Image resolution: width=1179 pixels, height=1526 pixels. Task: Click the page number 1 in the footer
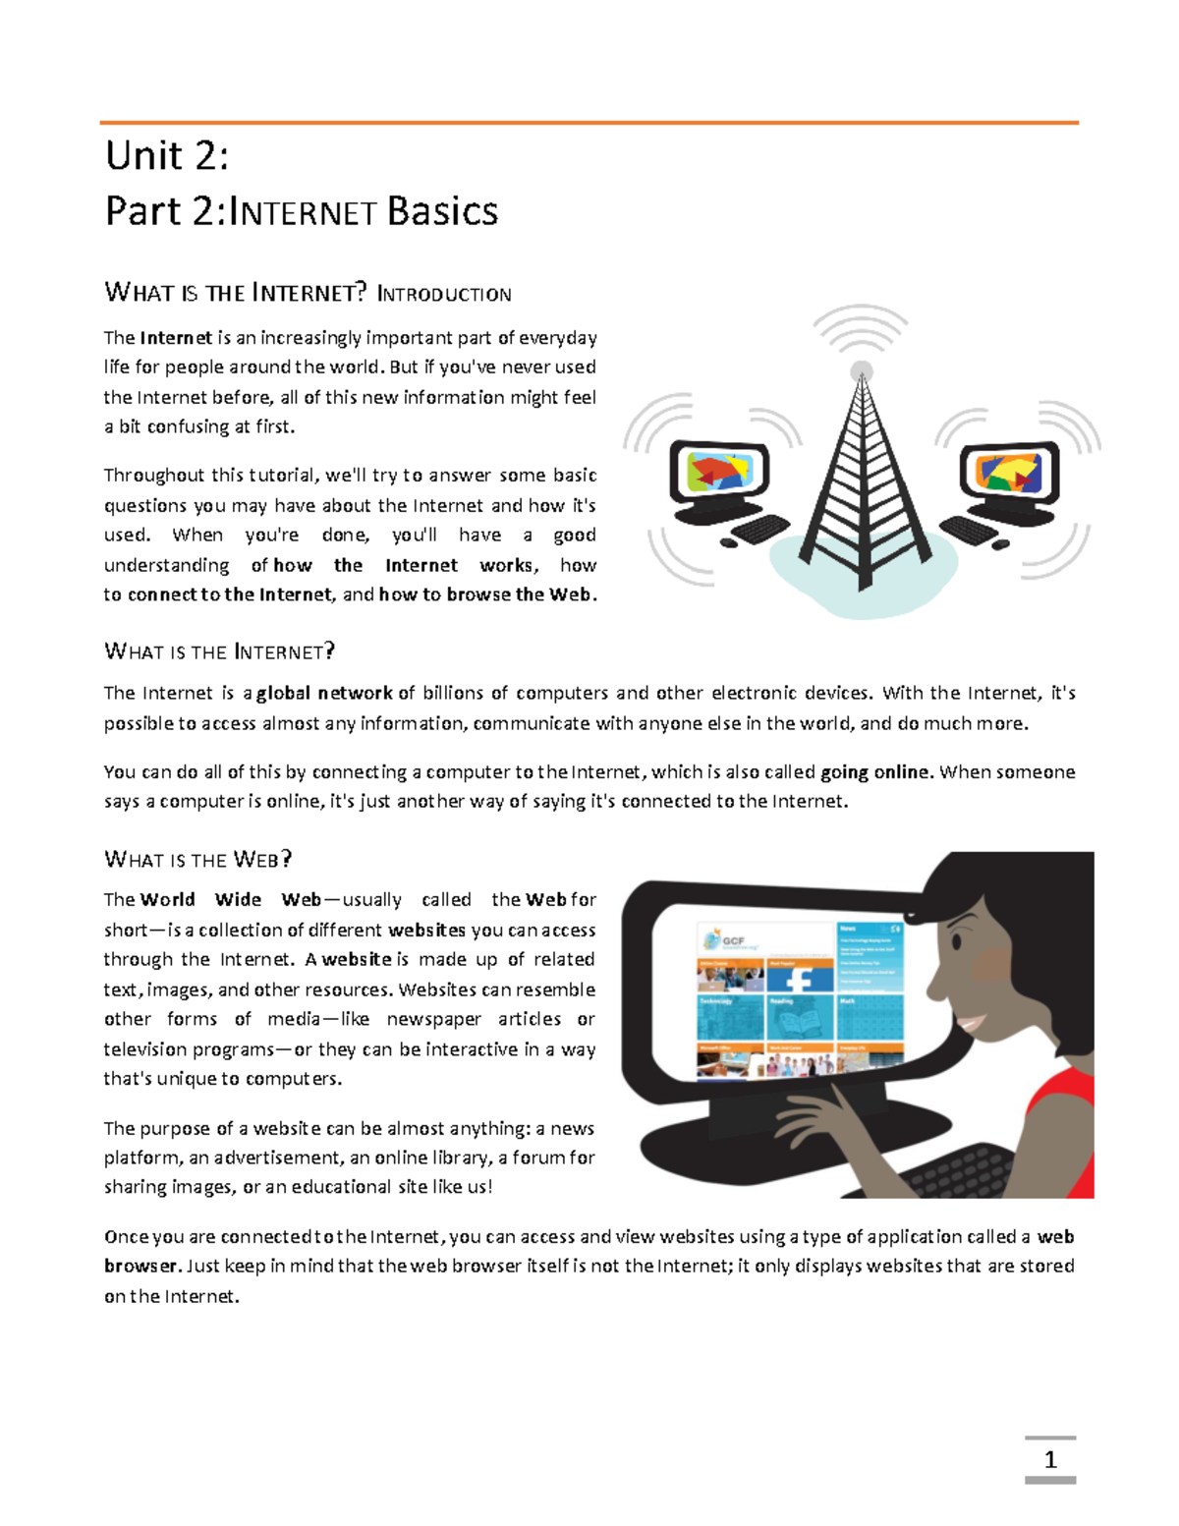click(1050, 1459)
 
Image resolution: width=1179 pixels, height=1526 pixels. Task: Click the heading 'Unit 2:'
click(167, 155)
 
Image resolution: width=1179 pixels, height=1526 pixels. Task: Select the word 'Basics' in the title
click(442, 211)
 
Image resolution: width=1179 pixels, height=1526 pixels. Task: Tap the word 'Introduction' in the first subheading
click(444, 294)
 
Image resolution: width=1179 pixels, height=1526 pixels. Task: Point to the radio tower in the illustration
click(862, 491)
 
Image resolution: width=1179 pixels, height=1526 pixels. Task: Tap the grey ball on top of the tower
click(862, 370)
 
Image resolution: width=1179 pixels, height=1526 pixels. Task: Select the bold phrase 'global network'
click(324, 693)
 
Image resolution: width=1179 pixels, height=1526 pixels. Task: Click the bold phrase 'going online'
click(874, 771)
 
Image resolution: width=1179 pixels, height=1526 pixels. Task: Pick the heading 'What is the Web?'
click(197, 860)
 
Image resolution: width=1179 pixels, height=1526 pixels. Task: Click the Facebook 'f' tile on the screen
click(799, 978)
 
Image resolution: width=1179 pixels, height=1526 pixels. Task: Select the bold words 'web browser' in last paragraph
click(1055, 1237)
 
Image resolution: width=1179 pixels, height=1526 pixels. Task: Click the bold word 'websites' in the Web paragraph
click(426, 930)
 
